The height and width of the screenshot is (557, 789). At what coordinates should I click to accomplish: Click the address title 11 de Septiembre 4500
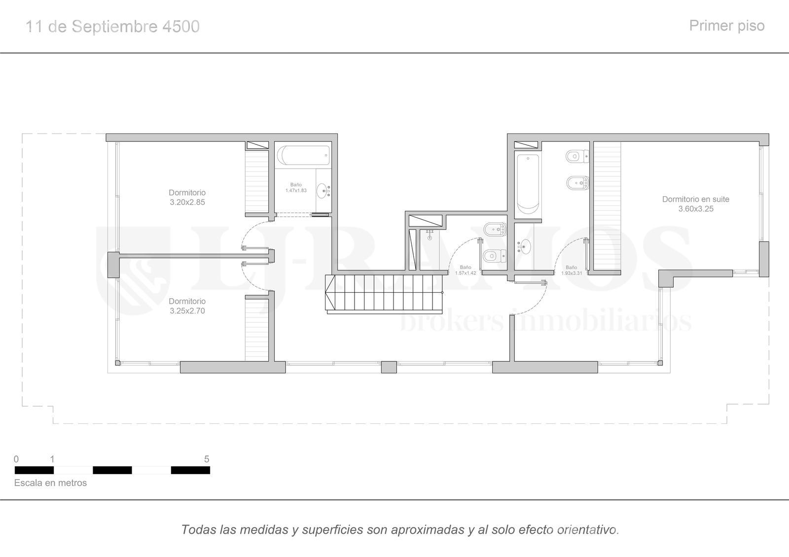click(x=113, y=27)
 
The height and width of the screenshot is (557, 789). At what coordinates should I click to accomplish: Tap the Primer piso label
click(x=727, y=26)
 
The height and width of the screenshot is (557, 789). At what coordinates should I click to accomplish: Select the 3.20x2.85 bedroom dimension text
click(x=187, y=202)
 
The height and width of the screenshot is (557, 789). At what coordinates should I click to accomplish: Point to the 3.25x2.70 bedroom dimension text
click(x=187, y=311)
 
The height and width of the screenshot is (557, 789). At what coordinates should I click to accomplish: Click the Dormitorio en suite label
click(x=696, y=199)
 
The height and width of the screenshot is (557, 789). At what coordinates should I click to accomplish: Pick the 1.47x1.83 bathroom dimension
click(x=296, y=190)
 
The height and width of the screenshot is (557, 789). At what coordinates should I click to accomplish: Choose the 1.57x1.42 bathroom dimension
click(x=466, y=273)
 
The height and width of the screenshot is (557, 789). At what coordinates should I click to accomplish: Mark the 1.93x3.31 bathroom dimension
click(x=572, y=273)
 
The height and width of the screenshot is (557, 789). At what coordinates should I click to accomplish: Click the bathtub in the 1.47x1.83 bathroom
click(x=303, y=155)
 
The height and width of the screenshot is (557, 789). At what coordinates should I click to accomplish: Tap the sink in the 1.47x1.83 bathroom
click(x=323, y=191)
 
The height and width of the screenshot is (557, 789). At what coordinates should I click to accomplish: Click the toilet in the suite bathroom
click(x=577, y=156)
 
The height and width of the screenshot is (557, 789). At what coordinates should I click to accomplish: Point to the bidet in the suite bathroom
click(x=577, y=183)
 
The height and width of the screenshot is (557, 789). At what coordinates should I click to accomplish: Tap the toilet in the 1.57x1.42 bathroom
click(x=495, y=256)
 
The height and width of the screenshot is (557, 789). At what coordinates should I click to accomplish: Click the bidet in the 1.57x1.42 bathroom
click(x=495, y=230)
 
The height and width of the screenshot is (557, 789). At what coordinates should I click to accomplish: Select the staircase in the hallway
click(x=384, y=294)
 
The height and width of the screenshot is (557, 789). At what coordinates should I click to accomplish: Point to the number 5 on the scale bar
click(x=207, y=459)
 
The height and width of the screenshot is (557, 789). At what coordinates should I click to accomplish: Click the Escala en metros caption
click(x=50, y=483)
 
